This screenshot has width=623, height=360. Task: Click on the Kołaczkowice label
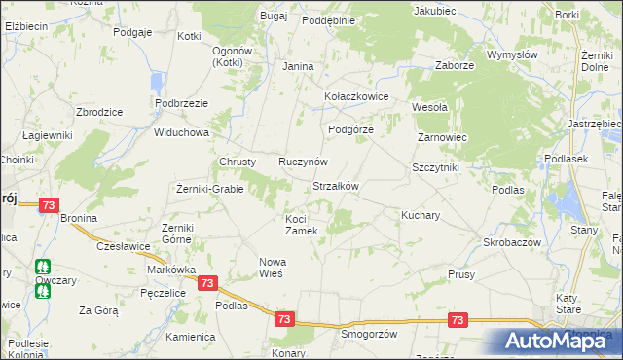356,97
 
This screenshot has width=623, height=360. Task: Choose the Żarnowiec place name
443,138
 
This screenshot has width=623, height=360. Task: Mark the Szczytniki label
435,167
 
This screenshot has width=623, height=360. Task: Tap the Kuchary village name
421,213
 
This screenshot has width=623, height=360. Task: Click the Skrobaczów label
512,241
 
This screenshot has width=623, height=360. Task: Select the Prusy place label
461,275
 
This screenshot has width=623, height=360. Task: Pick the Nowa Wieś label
271,267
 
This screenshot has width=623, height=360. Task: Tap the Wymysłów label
512,55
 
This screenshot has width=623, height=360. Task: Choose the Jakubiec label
434,11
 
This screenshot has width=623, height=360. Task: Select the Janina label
298,66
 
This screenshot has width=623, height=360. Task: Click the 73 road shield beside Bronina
50,205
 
